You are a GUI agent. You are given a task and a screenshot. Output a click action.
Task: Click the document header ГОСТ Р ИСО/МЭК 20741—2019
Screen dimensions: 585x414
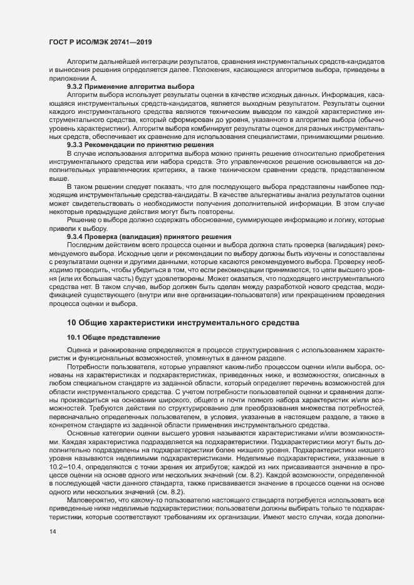click(x=100, y=42)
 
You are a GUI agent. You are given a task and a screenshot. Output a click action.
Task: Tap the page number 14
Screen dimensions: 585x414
click(x=53, y=532)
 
